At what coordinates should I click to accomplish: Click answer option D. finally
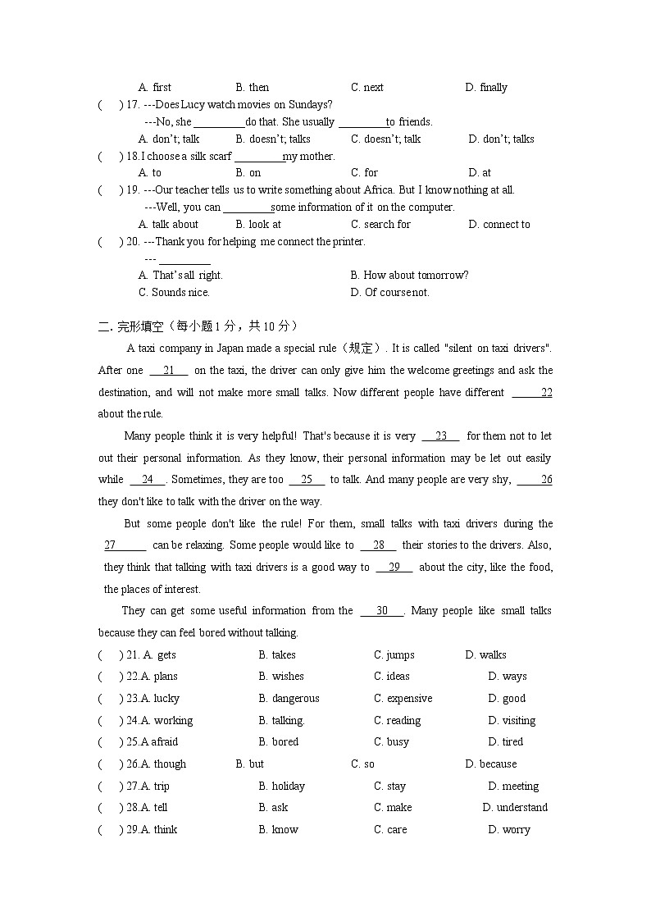pos(486,88)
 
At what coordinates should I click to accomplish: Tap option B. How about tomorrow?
pos(409,276)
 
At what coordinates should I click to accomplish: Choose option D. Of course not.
pos(389,293)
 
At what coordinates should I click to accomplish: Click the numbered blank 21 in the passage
pos(169,371)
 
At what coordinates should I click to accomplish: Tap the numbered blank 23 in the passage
pos(440,436)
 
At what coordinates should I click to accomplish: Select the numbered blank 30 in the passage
pos(381,611)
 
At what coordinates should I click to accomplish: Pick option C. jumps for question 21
pos(394,655)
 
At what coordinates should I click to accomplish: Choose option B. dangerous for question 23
pos(289,699)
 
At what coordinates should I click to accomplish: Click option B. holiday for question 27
pos(281,786)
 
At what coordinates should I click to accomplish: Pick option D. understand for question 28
pos(515,808)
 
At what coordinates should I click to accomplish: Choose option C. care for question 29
pos(390,830)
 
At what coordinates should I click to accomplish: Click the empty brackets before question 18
pos(110,157)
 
